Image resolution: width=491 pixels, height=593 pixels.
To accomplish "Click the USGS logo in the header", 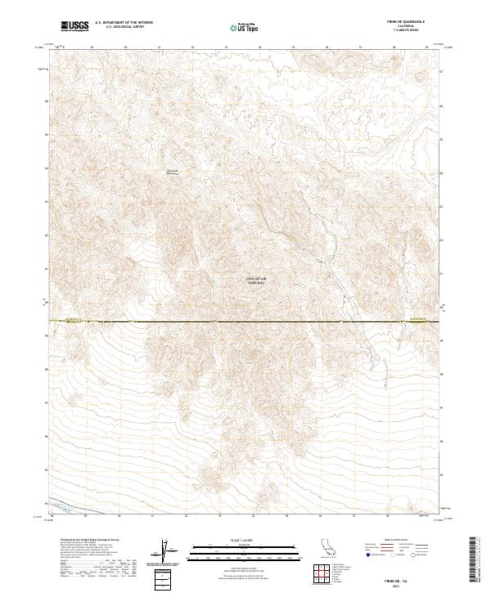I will [74, 26].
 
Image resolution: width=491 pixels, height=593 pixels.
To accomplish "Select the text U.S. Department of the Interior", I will [124, 24].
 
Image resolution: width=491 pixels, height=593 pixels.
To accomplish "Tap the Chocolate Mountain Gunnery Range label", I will [257, 281].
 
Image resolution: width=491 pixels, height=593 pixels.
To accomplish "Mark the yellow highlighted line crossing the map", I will [245, 321].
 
